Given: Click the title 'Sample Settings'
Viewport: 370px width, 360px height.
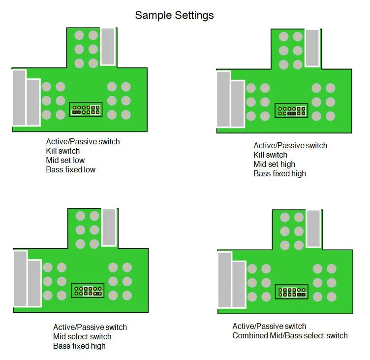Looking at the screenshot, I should click(x=174, y=15).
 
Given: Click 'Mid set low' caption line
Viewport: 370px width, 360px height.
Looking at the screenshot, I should click(x=65, y=160).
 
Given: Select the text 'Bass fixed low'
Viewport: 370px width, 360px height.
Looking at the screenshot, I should click(x=71, y=169).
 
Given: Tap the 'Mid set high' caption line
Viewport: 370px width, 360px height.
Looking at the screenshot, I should click(x=274, y=164).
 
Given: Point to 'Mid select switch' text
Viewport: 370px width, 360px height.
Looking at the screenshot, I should click(x=82, y=336).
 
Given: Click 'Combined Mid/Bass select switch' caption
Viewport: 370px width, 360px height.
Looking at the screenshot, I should click(x=290, y=336).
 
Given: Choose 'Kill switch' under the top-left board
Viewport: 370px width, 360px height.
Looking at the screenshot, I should click(x=63, y=151).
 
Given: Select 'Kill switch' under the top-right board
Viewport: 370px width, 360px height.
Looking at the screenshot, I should click(x=270, y=155).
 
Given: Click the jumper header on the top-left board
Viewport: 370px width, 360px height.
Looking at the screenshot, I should click(x=85, y=109).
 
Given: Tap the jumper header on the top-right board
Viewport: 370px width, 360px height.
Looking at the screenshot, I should click(x=292, y=110).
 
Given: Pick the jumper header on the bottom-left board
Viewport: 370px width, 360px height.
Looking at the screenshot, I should click(x=87, y=290).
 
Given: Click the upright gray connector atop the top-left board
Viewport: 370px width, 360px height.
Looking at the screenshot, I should click(x=108, y=46).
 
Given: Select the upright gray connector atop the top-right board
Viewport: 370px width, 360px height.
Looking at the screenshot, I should click(x=312, y=48).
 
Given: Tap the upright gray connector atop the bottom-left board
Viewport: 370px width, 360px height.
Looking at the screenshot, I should click(x=109, y=227).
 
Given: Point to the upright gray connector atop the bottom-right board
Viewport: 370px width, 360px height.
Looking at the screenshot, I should click(x=313, y=229).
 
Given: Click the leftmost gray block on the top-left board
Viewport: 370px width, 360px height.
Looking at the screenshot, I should click(x=19, y=98).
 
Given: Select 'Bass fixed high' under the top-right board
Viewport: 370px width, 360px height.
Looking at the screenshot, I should click(x=279, y=173).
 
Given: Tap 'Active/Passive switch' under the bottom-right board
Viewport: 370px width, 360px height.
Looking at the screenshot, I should click(x=269, y=326).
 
